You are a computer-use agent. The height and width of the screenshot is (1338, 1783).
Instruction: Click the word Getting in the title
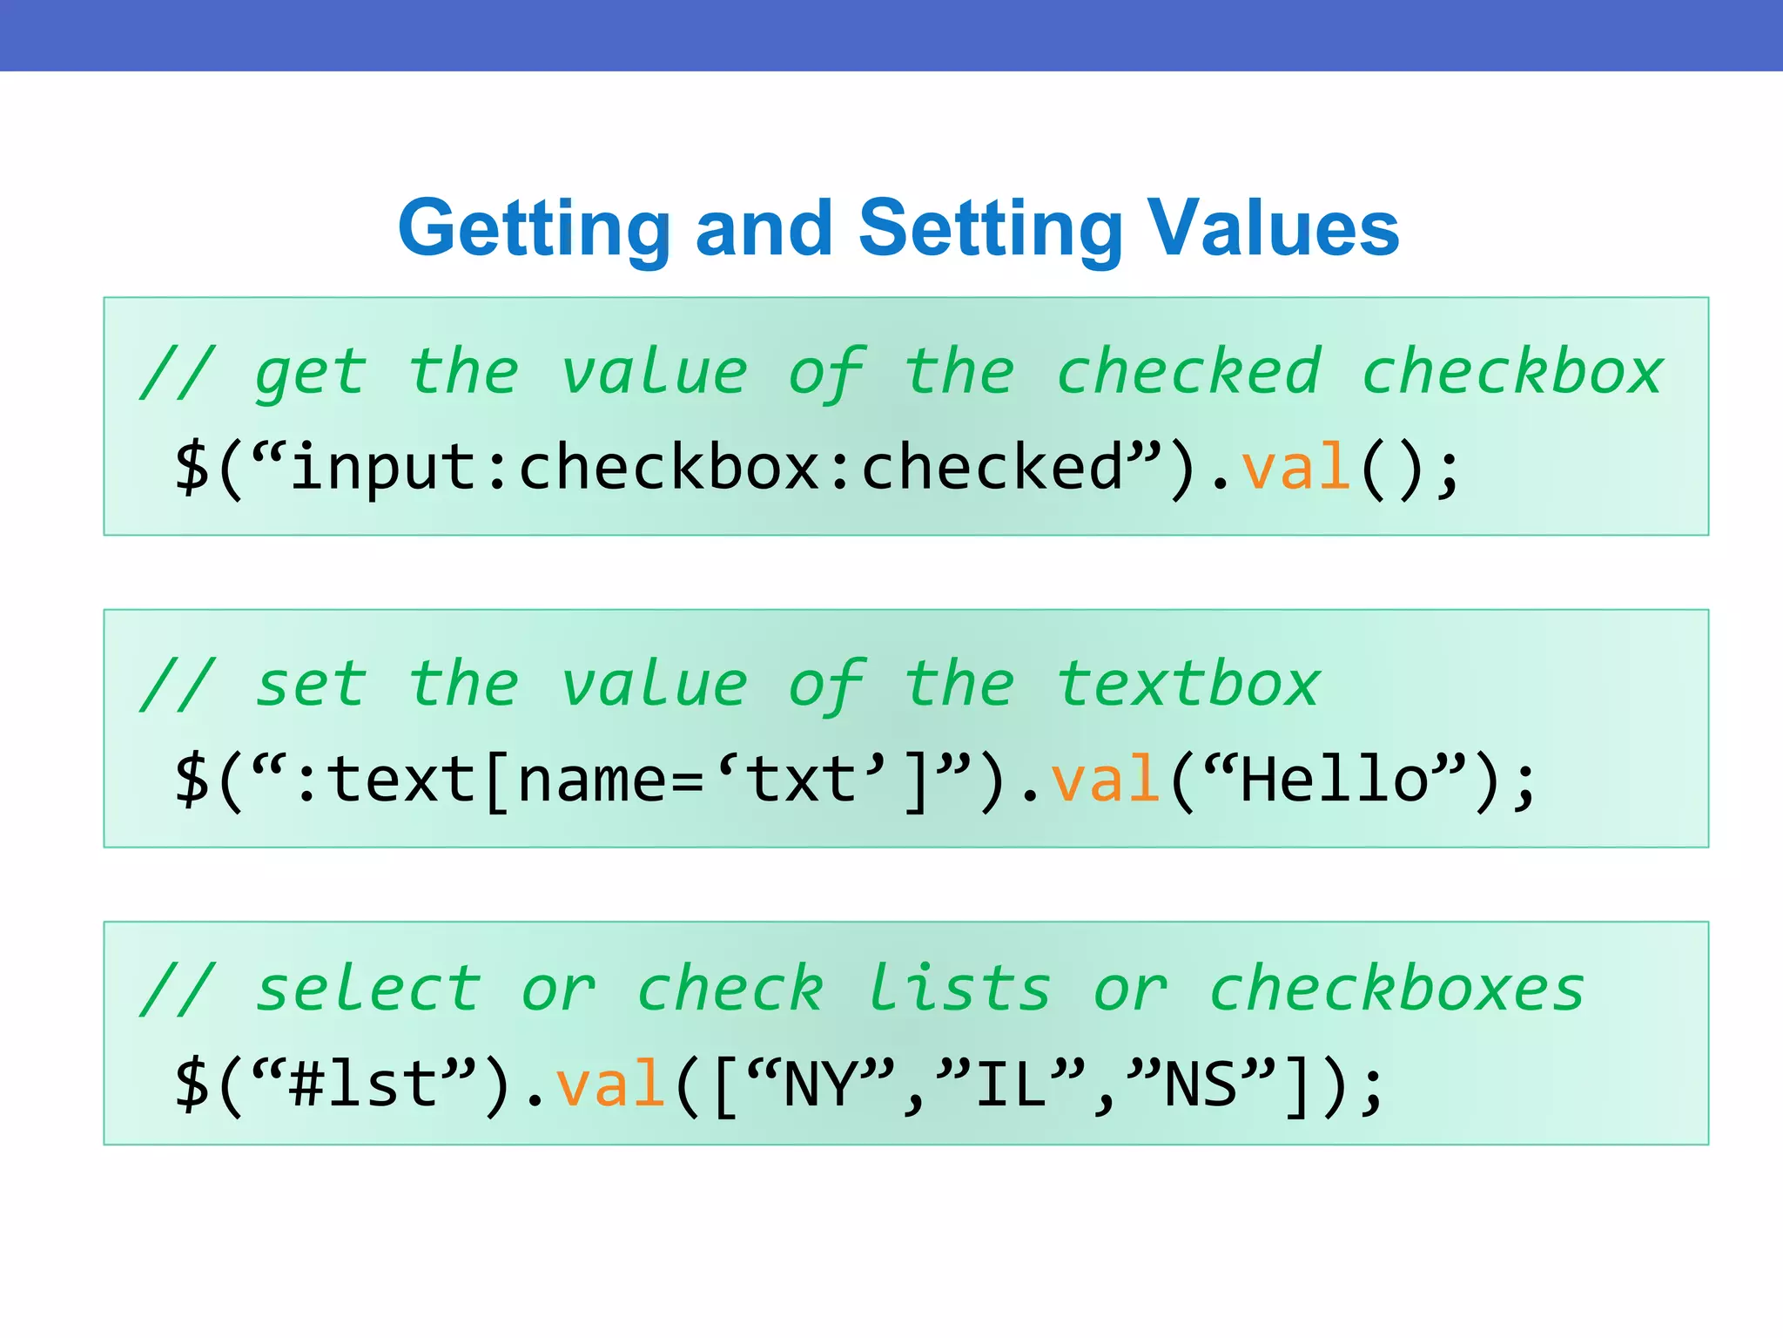534,228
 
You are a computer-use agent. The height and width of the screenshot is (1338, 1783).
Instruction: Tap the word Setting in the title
991,228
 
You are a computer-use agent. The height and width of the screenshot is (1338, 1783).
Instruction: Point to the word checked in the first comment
1189,373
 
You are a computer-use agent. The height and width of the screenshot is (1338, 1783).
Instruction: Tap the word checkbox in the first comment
1512,373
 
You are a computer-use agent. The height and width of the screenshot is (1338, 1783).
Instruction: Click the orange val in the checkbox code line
1295,468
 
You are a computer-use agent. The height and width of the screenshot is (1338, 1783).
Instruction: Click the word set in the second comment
310,685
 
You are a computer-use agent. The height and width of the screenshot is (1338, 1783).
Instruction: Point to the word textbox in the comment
1189,685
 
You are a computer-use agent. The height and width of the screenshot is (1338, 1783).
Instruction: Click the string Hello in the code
1334,780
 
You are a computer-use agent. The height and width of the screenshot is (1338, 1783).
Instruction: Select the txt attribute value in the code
801,780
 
